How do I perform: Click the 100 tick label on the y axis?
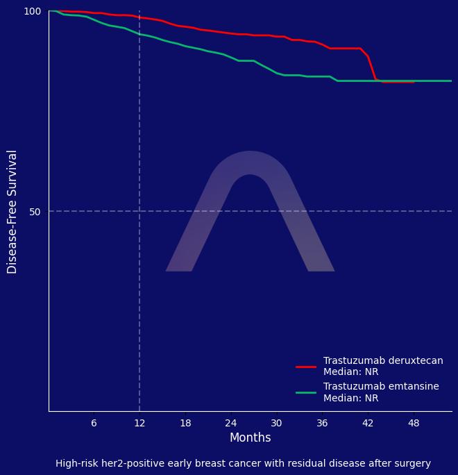33,11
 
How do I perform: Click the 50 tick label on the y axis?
35,211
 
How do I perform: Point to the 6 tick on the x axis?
94,423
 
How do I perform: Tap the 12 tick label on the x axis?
139,423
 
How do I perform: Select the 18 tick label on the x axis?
185,423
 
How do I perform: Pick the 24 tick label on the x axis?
230,423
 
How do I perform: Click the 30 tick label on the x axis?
276,423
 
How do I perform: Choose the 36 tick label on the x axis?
322,423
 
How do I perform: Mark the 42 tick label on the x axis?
368,423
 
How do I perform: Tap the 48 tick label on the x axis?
414,423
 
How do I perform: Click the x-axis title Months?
250,437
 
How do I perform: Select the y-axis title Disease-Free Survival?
12,211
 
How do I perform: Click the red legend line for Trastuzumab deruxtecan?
306,366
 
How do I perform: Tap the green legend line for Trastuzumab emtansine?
306,392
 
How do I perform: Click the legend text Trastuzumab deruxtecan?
383,361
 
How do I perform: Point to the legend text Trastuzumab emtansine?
381,387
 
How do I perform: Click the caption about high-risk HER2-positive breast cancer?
243,463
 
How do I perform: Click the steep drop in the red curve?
372,68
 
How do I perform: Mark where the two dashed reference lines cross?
139,211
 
